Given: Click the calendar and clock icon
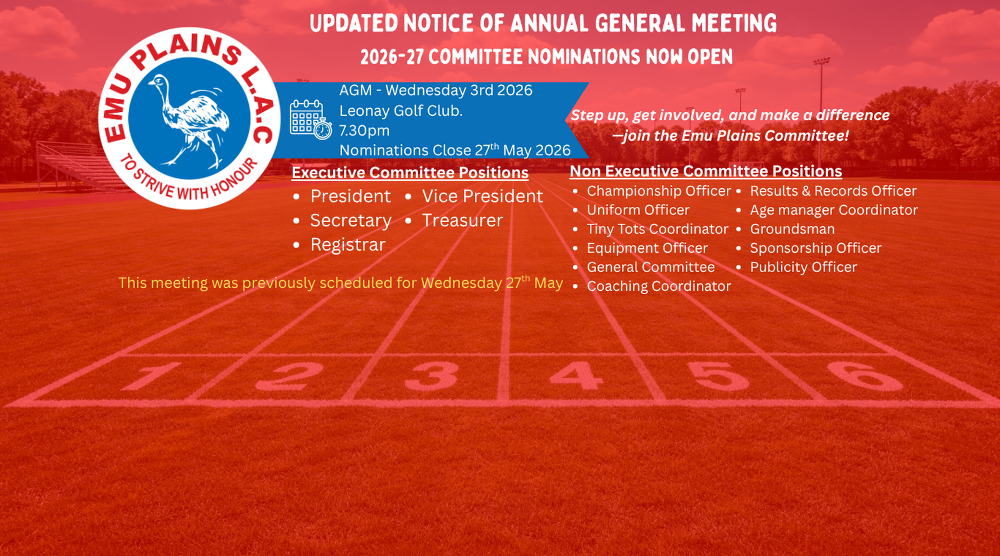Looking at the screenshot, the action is click(311, 119).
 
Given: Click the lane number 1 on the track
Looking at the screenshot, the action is click(152, 376).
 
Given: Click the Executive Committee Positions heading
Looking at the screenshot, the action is click(410, 173).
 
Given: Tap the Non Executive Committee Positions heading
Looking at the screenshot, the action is click(706, 171).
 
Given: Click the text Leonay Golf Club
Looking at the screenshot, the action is click(401, 110).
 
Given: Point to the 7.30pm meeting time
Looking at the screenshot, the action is click(364, 131).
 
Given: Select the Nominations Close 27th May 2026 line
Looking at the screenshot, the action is click(455, 150).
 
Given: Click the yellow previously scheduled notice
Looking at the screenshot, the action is click(340, 283).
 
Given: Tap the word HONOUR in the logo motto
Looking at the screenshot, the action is click(235, 179).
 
